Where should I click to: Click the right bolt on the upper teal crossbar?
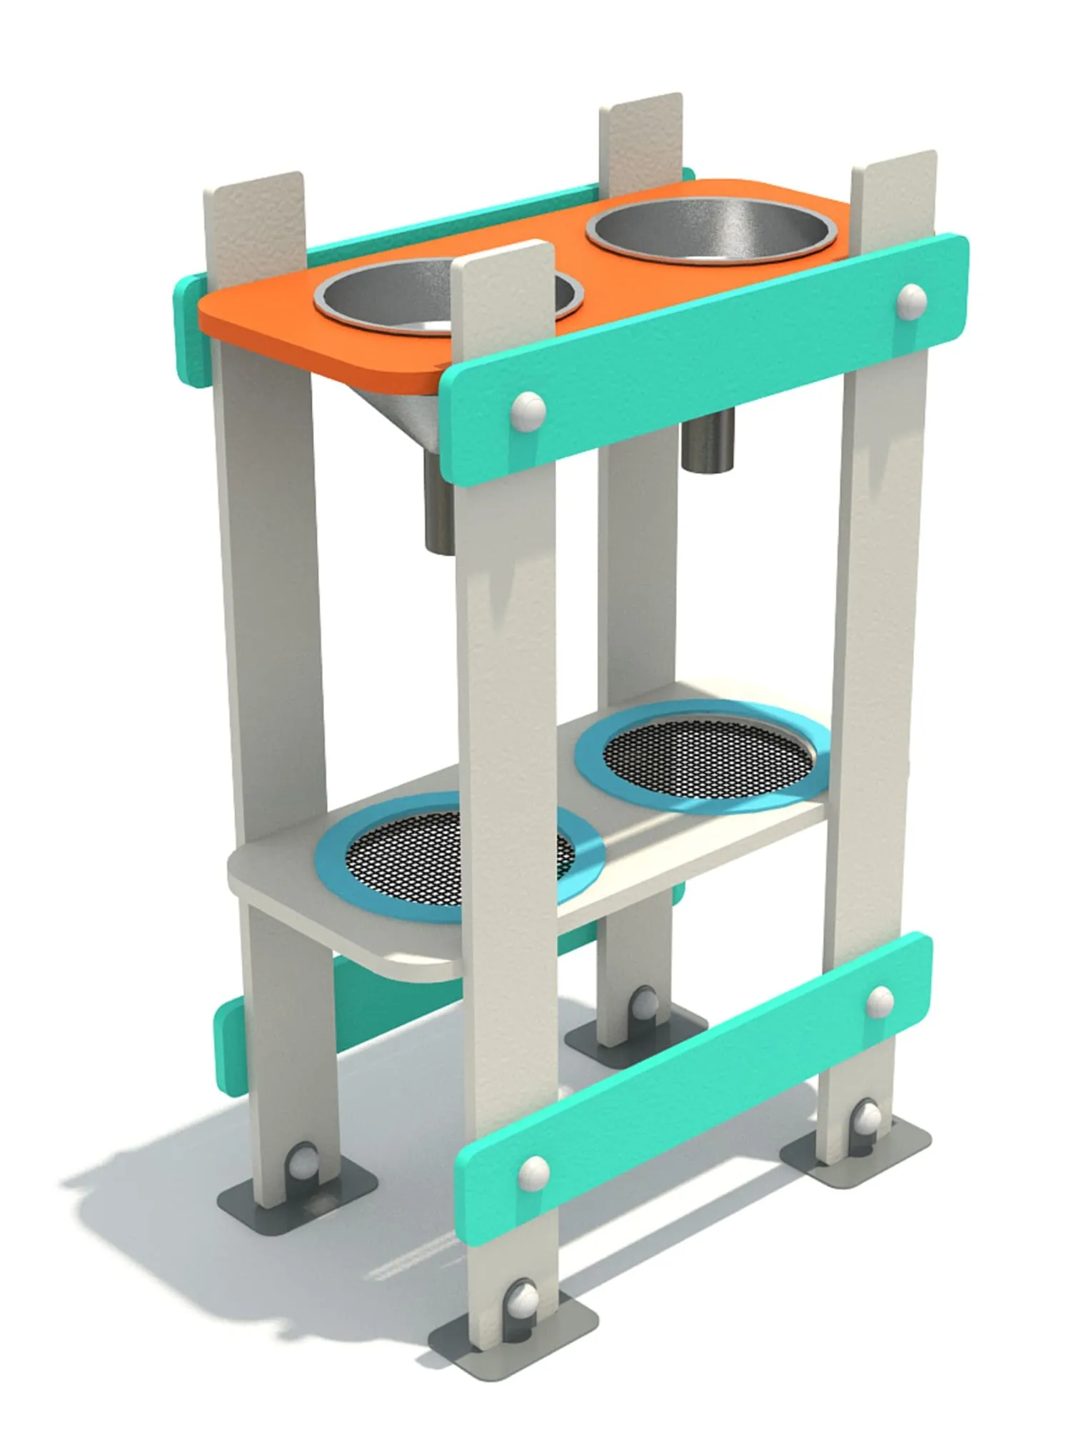point(912,300)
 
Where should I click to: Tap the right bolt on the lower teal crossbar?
point(880,1001)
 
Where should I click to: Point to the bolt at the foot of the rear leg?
point(645,1003)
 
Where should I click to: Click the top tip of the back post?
point(640,104)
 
